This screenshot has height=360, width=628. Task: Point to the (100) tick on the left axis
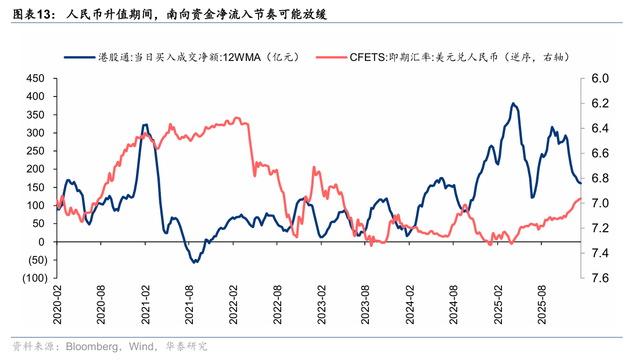coord(35,278)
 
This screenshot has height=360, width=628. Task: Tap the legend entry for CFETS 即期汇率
coord(450,57)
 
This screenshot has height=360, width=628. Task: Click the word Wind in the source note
coord(142,347)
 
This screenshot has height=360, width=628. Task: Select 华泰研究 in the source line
coord(187,347)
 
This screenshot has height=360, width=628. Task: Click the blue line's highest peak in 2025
coord(513,103)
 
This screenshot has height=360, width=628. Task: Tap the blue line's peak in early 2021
coord(145,124)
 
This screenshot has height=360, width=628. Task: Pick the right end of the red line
coord(580,199)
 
